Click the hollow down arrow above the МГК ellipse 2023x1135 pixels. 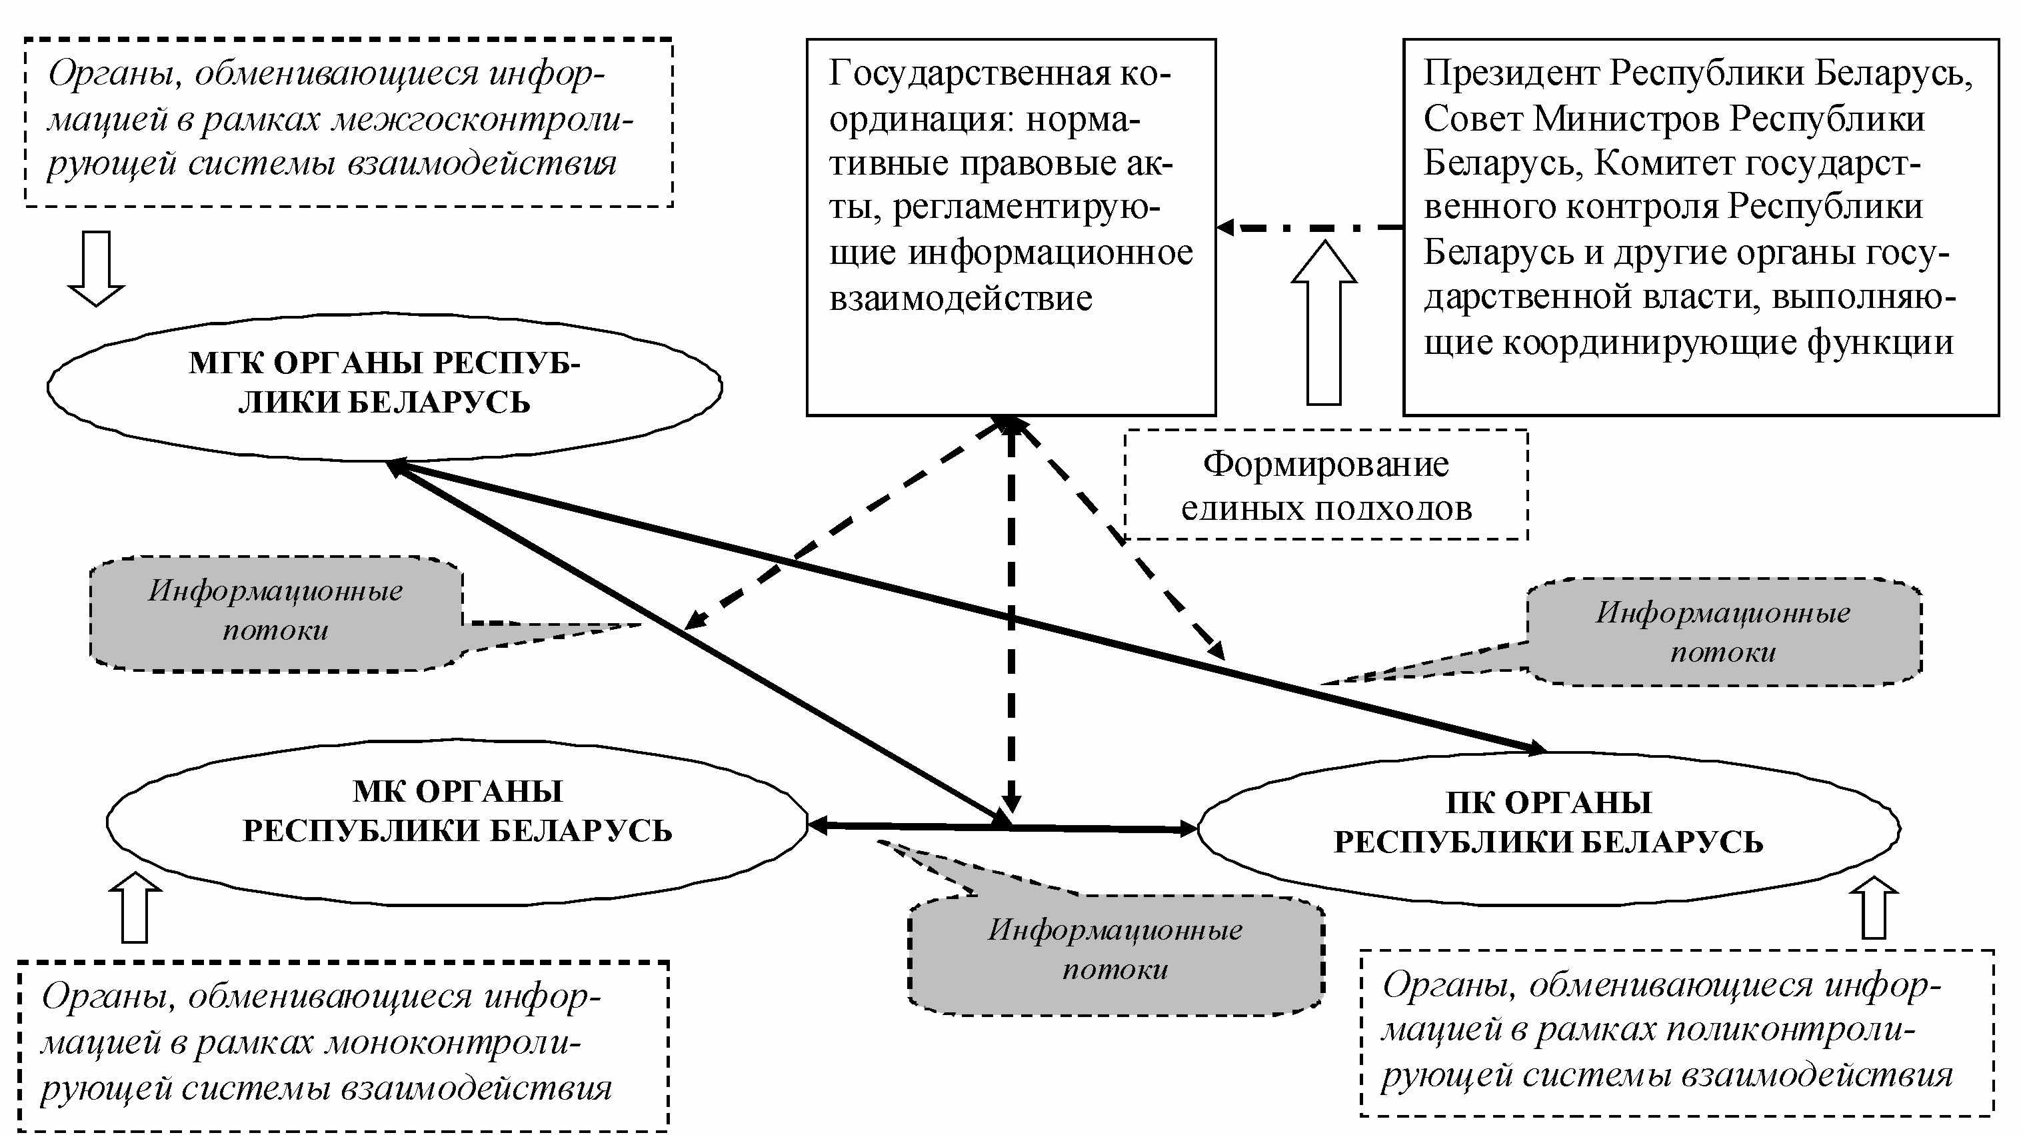click(96, 268)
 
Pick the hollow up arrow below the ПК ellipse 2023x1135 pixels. click(1874, 907)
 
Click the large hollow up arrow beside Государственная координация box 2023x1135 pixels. click(1324, 322)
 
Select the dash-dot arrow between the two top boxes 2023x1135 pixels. click(1310, 228)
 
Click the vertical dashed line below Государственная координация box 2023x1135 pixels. click(1012, 616)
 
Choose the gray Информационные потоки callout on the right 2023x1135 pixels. click(1724, 632)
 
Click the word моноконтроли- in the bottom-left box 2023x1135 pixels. click(453, 1043)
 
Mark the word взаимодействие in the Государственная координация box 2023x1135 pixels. click(961, 299)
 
